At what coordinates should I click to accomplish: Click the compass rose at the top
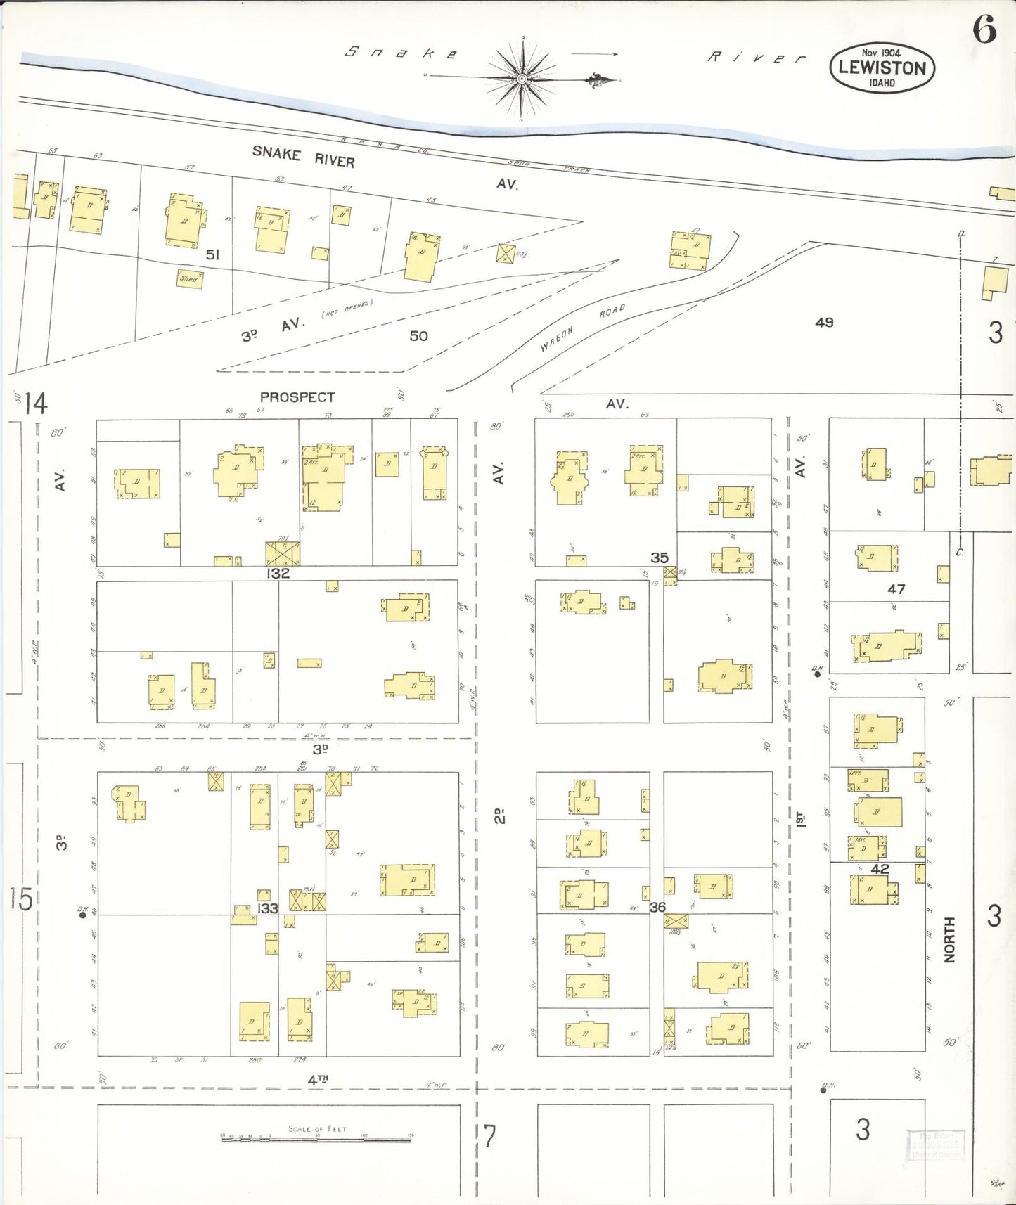tap(522, 78)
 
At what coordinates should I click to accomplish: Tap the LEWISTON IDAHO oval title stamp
tap(882, 68)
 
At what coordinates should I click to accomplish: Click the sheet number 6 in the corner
tap(984, 30)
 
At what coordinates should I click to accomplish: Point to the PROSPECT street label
tap(297, 397)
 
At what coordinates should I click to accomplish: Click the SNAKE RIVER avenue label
tap(304, 157)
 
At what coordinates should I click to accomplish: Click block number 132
tap(278, 574)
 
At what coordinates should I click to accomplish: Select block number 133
tap(267, 908)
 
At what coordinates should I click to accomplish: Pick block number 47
tap(896, 589)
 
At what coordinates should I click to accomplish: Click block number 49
tap(824, 322)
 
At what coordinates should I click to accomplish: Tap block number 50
tap(418, 336)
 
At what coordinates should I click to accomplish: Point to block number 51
tap(212, 254)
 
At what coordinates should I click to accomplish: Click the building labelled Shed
tap(188, 278)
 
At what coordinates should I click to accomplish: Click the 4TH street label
tap(319, 1079)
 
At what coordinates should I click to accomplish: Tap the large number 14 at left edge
tap(35, 404)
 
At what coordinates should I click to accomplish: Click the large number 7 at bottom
tap(489, 1136)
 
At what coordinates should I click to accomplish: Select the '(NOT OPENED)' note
tap(347, 309)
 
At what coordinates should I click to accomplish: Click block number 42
tap(880, 869)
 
